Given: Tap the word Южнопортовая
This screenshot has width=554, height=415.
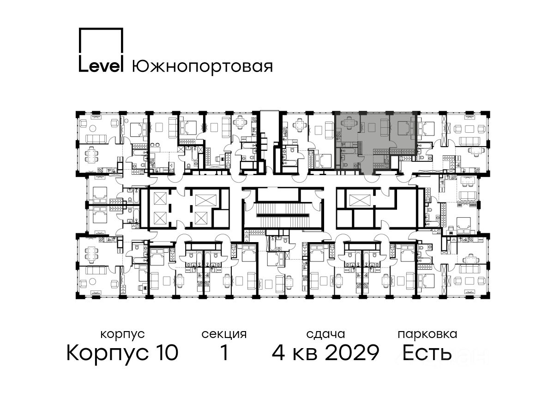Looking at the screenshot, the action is [202, 67].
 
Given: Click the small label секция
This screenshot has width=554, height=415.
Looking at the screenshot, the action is [224, 335].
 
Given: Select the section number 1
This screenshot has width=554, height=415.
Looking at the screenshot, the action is [224, 352].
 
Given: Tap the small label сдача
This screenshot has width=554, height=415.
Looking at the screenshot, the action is [325, 334].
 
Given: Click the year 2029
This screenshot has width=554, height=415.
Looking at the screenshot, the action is [352, 352].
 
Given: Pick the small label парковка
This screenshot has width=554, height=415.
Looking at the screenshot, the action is [428, 335].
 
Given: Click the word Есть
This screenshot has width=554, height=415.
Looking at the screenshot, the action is [427, 352].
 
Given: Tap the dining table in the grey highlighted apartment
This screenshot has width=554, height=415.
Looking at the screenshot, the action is [349, 123].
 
